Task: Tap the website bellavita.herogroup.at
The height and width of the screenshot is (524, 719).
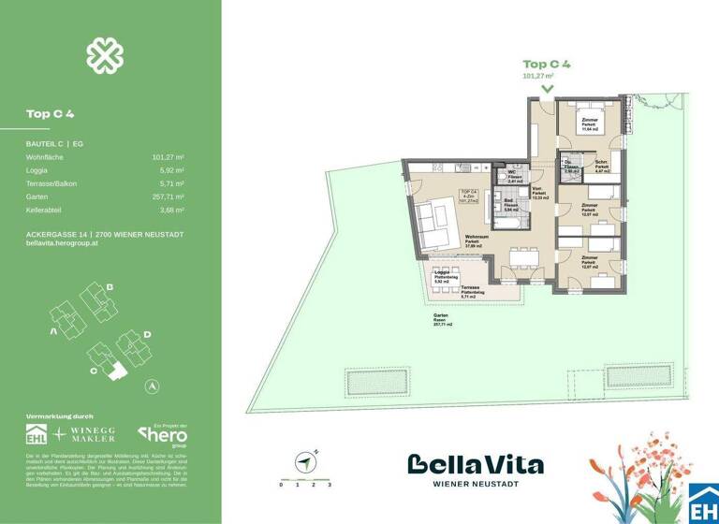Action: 62,243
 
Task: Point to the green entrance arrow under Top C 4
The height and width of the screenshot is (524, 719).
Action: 547,89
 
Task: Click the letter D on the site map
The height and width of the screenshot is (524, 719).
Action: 147,333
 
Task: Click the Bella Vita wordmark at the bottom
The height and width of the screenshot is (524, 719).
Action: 475,465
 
